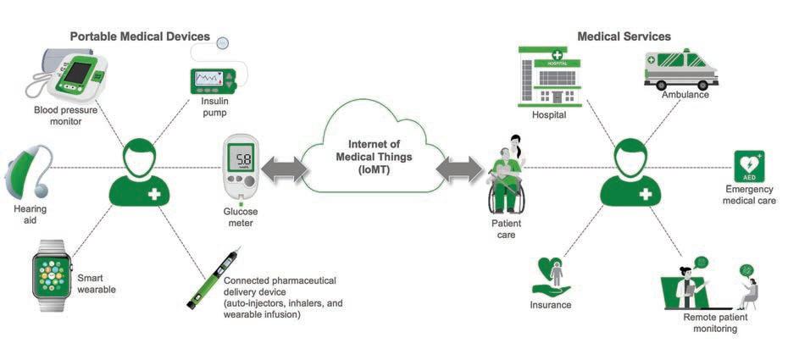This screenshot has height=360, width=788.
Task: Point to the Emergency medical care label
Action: (750, 195)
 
